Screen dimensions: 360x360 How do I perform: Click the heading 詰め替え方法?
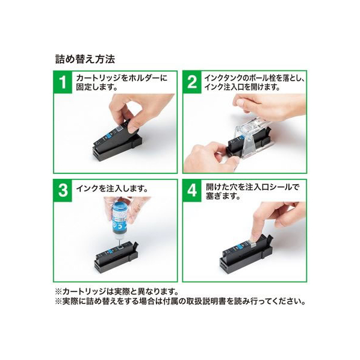coord(85,59)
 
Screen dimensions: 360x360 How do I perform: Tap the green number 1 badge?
coord(63,82)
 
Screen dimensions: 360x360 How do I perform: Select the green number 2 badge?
coord(192,82)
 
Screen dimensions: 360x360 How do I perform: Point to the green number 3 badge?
coord(63,191)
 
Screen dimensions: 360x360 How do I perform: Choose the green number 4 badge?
coord(192,191)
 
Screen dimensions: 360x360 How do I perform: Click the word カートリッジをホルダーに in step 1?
coord(122,78)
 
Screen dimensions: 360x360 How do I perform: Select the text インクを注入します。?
coord(112,188)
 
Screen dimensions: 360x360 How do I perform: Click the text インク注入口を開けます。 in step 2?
coord(242,87)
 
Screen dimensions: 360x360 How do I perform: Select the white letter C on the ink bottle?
coord(119,228)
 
